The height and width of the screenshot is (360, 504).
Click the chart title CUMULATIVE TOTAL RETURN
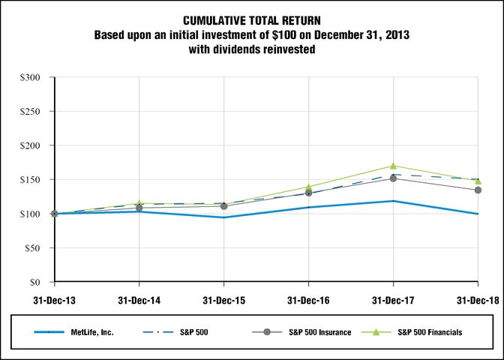[252, 19]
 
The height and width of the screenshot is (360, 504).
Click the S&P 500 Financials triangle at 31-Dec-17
[393, 166]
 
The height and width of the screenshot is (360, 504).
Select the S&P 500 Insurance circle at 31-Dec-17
[393, 178]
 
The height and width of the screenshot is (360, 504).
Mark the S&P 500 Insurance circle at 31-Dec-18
[478, 190]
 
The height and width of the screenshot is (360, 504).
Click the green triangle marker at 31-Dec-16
[308, 187]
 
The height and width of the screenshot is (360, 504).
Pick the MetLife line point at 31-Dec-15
[223, 217]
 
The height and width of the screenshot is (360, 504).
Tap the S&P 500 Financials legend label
[430, 332]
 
